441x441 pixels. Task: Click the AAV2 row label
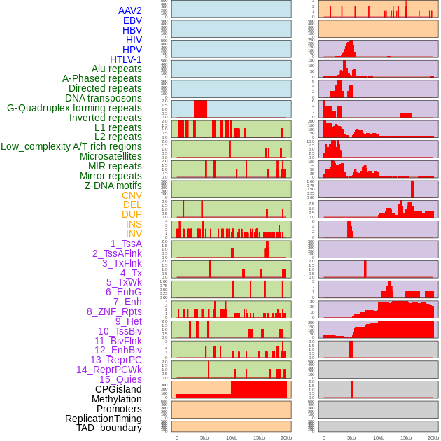point(129,10)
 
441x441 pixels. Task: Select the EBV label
point(132,20)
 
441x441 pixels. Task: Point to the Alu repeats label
point(117,69)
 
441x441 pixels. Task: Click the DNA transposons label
point(104,98)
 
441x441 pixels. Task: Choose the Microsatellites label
point(111,156)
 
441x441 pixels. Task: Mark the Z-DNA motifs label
point(113,185)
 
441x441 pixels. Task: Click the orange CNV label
point(132,195)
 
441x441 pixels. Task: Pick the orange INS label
point(134,224)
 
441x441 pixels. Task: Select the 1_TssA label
point(126,244)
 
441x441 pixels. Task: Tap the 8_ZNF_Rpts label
point(114,311)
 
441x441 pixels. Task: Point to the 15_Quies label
point(120,379)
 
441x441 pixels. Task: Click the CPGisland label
point(118,389)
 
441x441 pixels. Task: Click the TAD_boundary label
point(109,428)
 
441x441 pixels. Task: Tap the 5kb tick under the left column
point(204,437)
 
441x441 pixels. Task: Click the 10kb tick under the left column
point(232,437)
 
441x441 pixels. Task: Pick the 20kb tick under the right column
point(433,437)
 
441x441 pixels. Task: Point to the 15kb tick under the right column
point(406,437)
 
